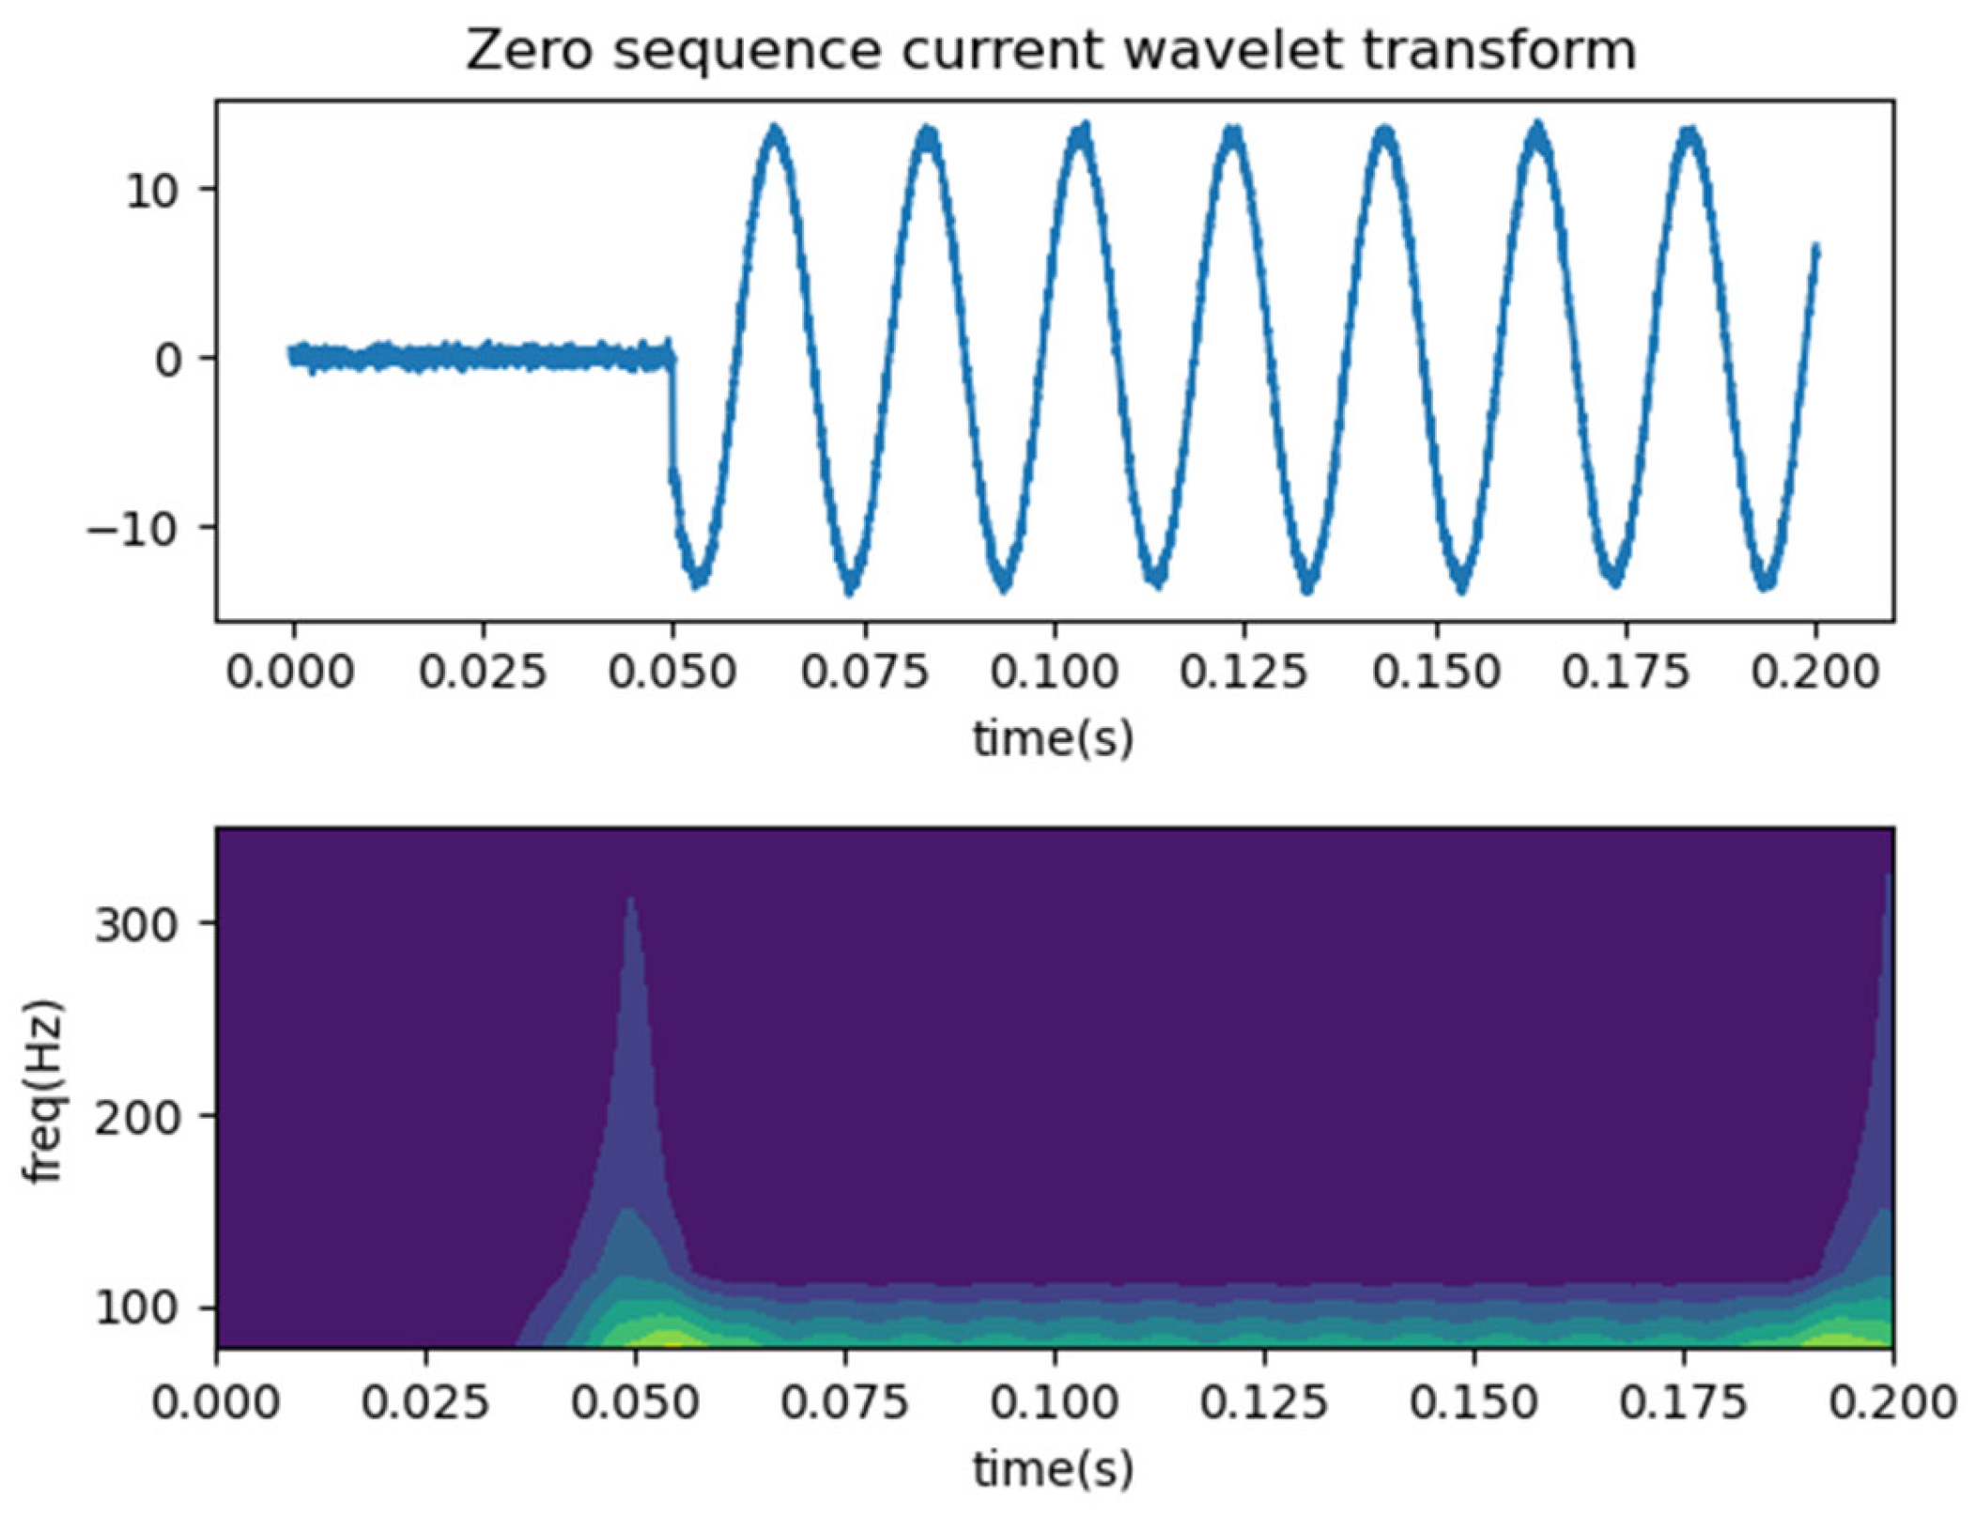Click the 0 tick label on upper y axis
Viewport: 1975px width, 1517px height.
(x=169, y=360)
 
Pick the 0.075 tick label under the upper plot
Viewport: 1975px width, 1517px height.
(x=864, y=673)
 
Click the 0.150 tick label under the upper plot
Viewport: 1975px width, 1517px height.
(x=1436, y=673)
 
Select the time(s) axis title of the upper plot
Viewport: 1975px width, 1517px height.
(x=1053, y=737)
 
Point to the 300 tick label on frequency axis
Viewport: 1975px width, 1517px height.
(x=137, y=926)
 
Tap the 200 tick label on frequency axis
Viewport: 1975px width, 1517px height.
(x=137, y=1118)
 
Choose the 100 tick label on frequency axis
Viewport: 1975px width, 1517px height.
(x=137, y=1309)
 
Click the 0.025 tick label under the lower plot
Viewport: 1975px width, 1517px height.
(x=426, y=1403)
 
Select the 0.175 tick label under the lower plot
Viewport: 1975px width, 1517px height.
(x=1683, y=1403)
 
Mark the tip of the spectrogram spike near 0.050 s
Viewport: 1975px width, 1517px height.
(x=631, y=899)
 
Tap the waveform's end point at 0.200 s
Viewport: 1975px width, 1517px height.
(x=1815, y=249)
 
